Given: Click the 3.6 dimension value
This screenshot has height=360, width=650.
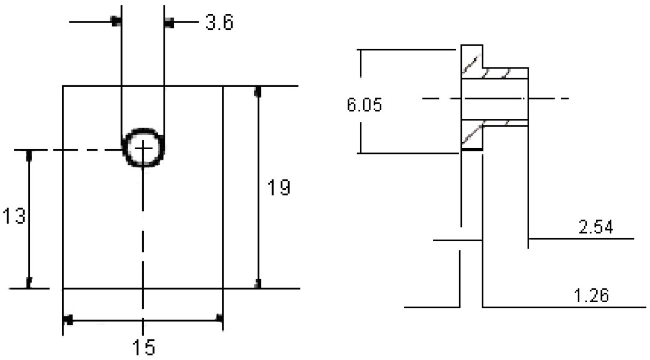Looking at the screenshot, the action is (x=219, y=22).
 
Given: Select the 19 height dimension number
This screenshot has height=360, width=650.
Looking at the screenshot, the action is (x=278, y=187).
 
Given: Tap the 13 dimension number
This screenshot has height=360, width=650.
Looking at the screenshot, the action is (x=14, y=216).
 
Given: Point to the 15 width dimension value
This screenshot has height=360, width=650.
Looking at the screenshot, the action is (x=144, y=347).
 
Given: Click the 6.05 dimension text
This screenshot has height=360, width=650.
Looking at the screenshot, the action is (x=365, y=104).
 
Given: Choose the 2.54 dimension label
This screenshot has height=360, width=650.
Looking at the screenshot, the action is (x=596, y=227).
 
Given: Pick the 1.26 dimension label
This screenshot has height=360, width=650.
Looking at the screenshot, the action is (x=591, y=296).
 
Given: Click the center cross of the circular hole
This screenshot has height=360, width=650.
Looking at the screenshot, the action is (x=143, y=148).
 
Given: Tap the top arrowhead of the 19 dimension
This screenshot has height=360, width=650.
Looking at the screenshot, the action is (x=258, y=91).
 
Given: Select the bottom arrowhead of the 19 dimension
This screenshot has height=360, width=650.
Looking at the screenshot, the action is (x=258, y=284).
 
